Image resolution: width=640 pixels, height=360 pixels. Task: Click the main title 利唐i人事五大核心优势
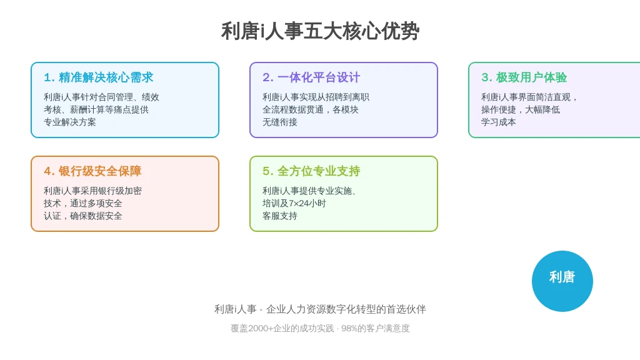(321, 31)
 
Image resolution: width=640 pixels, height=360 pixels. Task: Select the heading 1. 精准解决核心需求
(98, 77)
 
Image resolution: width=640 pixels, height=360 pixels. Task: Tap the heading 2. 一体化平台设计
(311, 77)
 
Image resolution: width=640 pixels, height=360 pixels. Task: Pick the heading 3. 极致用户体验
(524, 77)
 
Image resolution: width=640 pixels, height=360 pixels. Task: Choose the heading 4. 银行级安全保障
(92, 171)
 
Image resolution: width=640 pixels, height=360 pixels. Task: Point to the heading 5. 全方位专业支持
(311, 171)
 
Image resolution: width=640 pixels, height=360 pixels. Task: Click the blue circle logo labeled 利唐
(562, 281)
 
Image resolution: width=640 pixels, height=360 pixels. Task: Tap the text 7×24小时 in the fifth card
(307, 203)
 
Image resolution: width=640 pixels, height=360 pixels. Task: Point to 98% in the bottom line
(349, 328)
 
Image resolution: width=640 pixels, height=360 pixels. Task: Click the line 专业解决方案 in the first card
(70, 122)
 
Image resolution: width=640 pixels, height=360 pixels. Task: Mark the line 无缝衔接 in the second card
(280, 122)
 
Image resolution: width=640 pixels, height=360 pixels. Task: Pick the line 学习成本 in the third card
(498, 122)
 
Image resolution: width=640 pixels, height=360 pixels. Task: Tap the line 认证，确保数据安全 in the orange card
(83, 216)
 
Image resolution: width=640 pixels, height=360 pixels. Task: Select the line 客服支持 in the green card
(280, 216)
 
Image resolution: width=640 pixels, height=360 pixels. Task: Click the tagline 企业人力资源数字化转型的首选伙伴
(346, 309)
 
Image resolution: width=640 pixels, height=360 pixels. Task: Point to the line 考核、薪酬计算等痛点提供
(96, 110)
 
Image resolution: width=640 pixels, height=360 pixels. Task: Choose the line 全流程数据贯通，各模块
(311, 110)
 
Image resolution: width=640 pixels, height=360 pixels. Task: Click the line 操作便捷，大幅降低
(521, 110)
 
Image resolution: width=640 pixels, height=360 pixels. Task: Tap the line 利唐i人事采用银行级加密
(92, 191)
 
